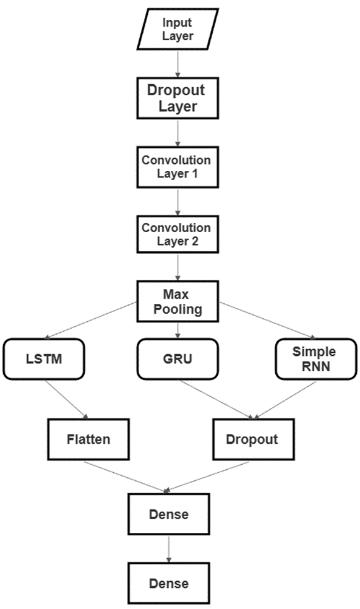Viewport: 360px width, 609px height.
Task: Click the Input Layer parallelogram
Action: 178,29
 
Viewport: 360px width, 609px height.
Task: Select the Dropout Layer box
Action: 178,98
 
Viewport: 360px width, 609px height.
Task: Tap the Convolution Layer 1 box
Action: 178,167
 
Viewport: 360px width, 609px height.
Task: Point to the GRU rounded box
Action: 178,360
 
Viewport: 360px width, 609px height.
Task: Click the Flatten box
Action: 88,439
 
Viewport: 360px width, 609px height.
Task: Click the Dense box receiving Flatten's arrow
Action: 169,514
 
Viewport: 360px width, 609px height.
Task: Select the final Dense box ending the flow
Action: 169,583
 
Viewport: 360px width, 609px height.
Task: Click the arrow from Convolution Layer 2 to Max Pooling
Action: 178,268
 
